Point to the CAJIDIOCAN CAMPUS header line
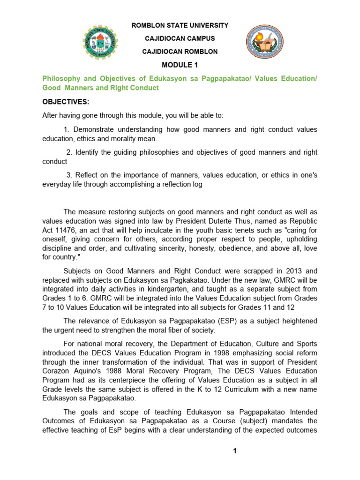[180, 38]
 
